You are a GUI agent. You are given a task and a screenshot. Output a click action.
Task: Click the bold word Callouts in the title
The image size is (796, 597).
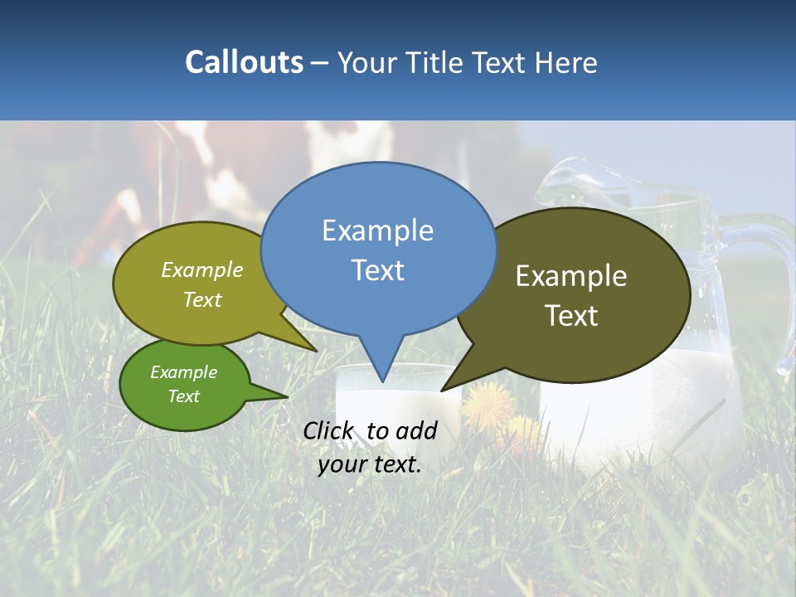(x=244, y=62)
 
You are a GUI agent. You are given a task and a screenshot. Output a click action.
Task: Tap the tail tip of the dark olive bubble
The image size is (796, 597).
(x=444, y=389)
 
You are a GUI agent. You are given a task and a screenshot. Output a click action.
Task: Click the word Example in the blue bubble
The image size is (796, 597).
(x=378, y=230)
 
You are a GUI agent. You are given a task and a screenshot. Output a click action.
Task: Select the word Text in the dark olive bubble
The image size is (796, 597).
(x=571, y=316)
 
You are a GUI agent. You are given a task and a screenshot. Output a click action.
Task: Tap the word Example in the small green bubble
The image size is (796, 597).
(x=184, y=372)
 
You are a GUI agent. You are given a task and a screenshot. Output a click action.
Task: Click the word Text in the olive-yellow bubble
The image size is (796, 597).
(x=202, y=300)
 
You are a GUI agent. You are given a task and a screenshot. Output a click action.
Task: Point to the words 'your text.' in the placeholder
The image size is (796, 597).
(x=370, y=464)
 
